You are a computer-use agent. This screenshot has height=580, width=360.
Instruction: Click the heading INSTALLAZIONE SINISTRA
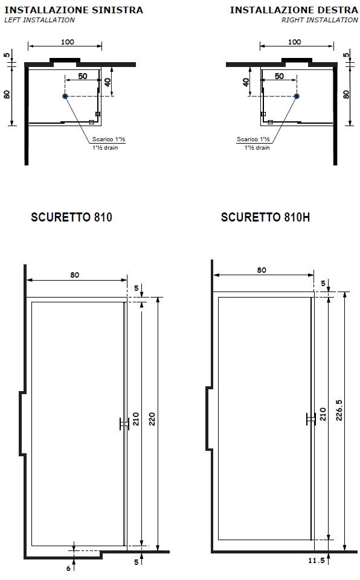pos(74,10)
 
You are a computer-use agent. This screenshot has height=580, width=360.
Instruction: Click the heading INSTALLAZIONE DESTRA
pos(294,10)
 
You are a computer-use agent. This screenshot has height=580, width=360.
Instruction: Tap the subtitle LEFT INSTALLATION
pos(40,20)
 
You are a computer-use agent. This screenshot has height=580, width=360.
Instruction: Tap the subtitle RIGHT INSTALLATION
pos(320,20)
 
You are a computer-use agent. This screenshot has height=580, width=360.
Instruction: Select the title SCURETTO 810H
pos(265,217)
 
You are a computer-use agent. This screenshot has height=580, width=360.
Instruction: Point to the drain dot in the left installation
pos(65,96)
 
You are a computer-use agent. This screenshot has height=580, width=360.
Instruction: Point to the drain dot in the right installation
pos(297,96)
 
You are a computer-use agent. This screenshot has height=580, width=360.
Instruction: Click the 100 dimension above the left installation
pos(68,42)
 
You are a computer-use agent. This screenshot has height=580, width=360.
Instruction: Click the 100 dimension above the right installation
pos(294,42)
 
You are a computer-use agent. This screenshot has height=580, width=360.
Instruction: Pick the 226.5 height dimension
pos(339,410)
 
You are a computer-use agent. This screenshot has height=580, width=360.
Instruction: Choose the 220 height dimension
pos(152,419)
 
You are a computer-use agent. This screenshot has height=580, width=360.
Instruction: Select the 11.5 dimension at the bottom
pos(317,561)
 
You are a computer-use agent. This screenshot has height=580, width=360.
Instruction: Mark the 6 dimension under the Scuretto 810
pos(68,568)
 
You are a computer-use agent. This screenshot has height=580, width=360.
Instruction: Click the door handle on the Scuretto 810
pos(124,424)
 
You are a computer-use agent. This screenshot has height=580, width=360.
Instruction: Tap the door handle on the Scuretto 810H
pos(310,418)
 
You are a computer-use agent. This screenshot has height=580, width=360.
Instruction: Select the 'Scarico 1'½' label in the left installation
pos(109,139)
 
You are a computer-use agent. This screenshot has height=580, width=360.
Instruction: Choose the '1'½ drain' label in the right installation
pos(257,148)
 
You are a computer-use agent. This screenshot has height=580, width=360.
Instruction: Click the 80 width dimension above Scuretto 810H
pos(262,270)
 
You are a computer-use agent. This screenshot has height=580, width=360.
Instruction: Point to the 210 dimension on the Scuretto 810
pos(136,419)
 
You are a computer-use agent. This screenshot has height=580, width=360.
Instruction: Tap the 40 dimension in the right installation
pos(246,82)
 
